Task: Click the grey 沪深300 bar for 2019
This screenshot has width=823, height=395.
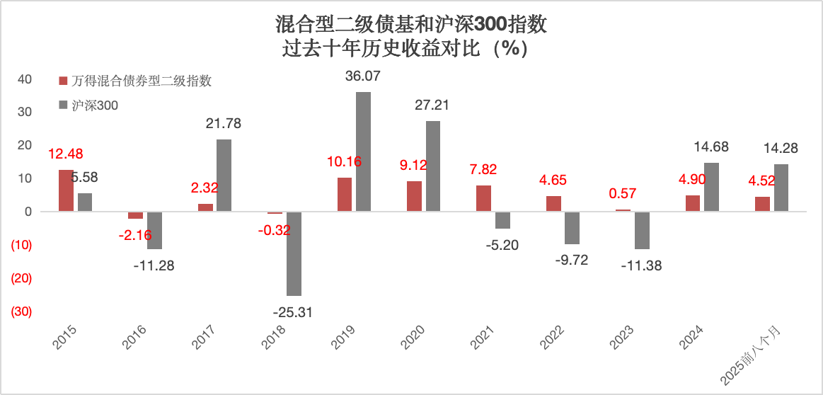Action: [x=363, y=151]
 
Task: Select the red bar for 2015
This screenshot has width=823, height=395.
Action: [x=66, y=190]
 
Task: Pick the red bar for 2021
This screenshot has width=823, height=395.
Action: [x=484, y=198]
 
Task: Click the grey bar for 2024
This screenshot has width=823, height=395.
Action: [x=712, y=187]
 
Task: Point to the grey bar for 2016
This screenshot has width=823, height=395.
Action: [x=154, y=230]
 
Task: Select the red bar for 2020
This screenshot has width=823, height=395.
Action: [x=414, y=196]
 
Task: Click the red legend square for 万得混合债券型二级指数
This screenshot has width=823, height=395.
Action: [x=62, y=81]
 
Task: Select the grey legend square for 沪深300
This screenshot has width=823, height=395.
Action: [x=62, y=105]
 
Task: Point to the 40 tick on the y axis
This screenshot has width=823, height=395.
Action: [x=24, y=79]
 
